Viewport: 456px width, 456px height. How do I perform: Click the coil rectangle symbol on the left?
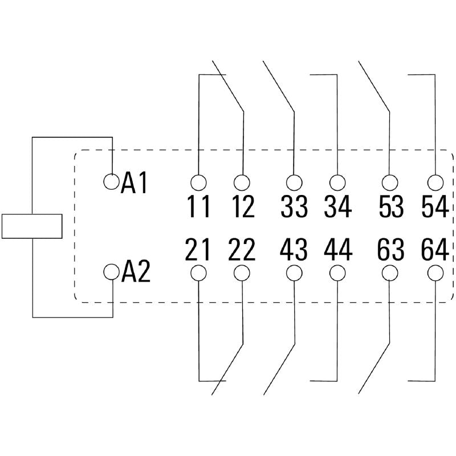32,226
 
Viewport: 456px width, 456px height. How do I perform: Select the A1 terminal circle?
112,182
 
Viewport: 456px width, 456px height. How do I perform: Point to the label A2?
136,273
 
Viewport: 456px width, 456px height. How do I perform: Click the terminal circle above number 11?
198,182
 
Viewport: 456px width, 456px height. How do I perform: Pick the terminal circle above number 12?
242,182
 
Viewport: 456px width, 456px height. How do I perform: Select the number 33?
294,207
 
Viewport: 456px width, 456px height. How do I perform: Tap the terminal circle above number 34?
337,182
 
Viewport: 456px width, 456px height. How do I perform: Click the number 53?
390,207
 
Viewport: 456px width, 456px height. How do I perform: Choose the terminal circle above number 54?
435,182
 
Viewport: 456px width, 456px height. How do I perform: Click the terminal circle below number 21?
198,272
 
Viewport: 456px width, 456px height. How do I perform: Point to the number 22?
242,250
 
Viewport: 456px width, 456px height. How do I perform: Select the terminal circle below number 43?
294,272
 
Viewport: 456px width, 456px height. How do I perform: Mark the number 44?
338,250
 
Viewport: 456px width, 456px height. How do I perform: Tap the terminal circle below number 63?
390,272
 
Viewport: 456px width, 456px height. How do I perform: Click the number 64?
434,250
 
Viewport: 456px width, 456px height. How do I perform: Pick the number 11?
199,207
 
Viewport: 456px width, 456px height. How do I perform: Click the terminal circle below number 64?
435,272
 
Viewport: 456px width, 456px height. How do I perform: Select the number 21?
198,250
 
